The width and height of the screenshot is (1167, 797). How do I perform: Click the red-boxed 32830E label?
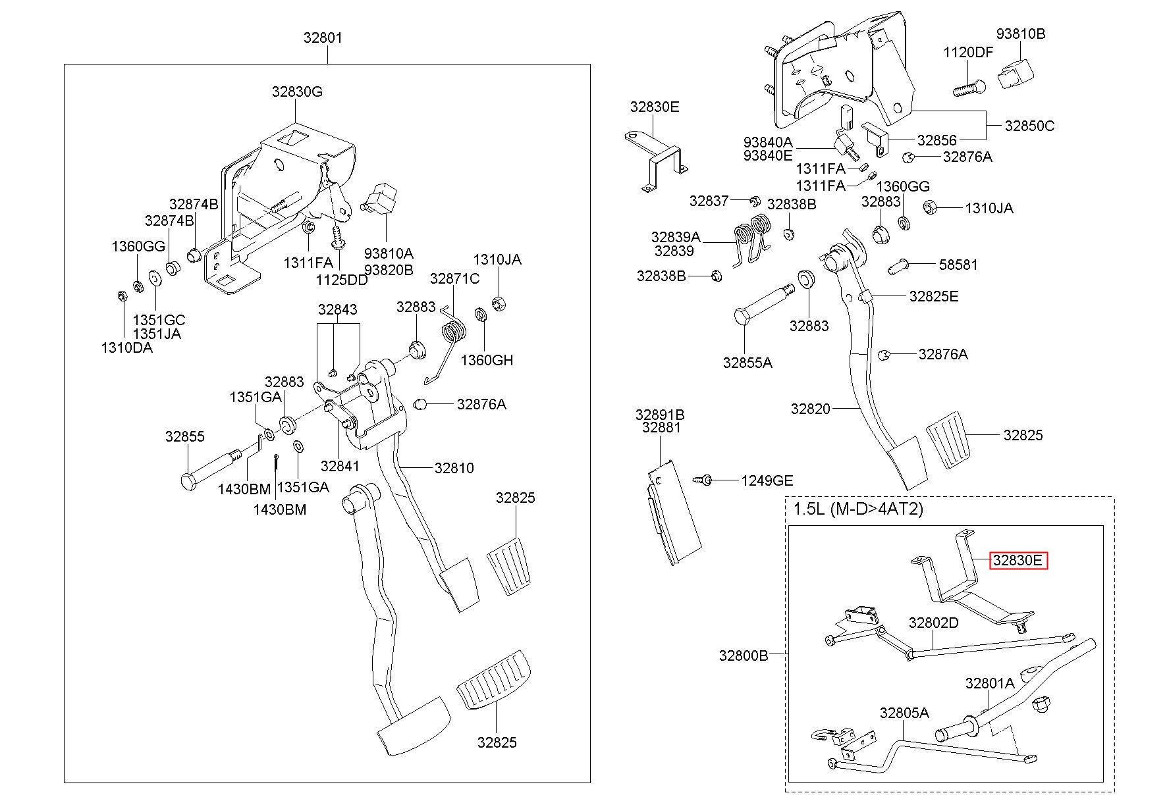[1018, 561]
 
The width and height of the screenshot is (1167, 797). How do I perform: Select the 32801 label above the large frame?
[323, 38]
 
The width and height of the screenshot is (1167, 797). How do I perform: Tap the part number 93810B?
[1020, 34]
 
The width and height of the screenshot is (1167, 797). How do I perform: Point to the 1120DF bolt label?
[968, 53]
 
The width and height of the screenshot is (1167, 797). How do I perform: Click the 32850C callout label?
[1029, 125]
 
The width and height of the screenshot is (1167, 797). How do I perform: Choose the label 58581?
[958, 265]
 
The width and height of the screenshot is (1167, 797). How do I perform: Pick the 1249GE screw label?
[767, 480]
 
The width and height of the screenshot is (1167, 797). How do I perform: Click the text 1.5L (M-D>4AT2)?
[858, 509]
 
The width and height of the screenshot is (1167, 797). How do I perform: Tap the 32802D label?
[934, 623]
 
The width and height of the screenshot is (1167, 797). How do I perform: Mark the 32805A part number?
[904, 713]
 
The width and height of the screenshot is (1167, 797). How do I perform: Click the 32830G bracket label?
[298, 91]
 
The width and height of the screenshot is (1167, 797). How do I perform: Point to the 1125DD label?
[342, 279]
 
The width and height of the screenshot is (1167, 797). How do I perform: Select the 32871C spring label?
[454, 278]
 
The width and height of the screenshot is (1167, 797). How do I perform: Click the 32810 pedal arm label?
[454, 468]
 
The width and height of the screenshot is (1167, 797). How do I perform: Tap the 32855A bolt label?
[747, 362]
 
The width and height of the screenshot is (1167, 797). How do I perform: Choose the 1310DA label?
[126, 347]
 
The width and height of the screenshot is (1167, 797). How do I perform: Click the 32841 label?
[340, 466]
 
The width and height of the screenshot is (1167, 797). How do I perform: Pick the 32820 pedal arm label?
[811, 409]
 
